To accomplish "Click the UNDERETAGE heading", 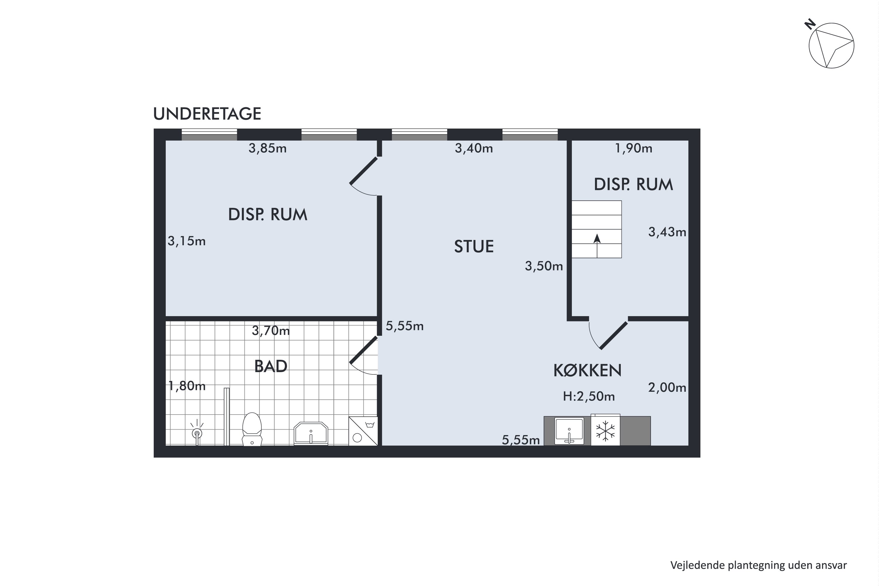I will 207,114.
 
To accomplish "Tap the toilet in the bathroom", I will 252,429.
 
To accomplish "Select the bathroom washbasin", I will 311,434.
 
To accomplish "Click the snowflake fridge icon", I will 605,430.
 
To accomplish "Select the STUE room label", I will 474,247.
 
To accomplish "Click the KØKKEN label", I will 587,370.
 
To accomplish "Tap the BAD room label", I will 270,366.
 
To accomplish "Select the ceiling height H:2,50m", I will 589,396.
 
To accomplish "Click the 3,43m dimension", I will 667,232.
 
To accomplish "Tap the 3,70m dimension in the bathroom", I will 270,331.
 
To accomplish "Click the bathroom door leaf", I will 363,350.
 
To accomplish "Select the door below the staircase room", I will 614,335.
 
